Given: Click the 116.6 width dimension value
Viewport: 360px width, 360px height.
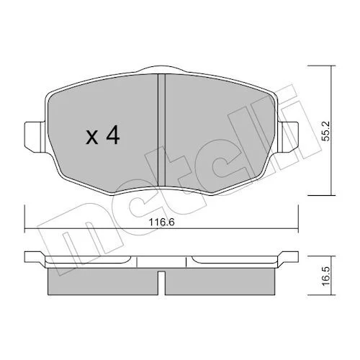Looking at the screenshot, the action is click(x=161, y=222).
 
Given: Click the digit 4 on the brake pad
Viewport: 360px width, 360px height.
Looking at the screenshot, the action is click(x=113, y=135).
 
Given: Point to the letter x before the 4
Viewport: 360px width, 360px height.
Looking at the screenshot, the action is click(x=92, y=138).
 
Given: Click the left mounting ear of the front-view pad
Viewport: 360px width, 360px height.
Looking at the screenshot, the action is click(x=35, y=137).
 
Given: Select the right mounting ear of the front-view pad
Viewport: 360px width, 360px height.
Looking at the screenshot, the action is click(x=288, y=137).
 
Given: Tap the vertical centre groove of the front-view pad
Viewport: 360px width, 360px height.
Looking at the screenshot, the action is click(x=162, y=130).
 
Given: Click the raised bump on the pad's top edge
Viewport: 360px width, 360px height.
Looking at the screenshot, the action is click(x=162, y=68).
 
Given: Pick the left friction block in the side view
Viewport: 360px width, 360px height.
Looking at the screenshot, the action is click(x=103, y=282).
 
